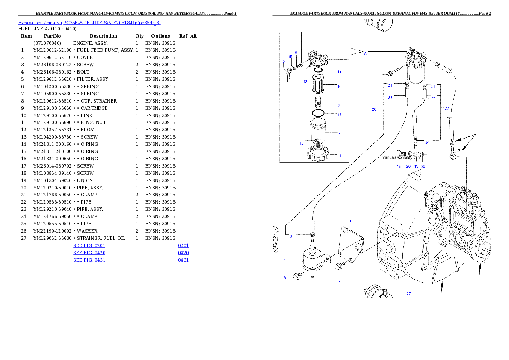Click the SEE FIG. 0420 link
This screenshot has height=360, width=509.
[x=89, y=253]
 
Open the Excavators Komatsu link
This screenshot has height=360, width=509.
[x=40, y=23]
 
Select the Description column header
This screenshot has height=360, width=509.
[x=103, y=36]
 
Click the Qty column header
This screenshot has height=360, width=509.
[x=139, y=36]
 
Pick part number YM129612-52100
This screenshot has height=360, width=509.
[x=52, y=50]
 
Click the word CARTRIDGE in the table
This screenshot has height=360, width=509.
[x=94, y=108]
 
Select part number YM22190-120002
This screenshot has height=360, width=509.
[x=52, y=231]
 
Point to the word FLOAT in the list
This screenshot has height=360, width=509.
[x=88, y=130]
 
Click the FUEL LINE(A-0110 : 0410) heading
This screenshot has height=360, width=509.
[x=47, y=29]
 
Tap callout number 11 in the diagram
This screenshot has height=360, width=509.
[x=340, y=156]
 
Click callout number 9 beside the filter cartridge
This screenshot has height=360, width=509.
[x=339, y=86]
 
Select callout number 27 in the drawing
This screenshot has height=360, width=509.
[x=408, y=294]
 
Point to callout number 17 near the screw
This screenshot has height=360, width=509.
[x=378, y=76]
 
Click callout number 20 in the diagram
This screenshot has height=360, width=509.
[x=374, y=110]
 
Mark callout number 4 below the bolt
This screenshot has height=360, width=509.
[x=339, y=283]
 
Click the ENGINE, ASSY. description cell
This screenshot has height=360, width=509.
[x=90, y=43]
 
